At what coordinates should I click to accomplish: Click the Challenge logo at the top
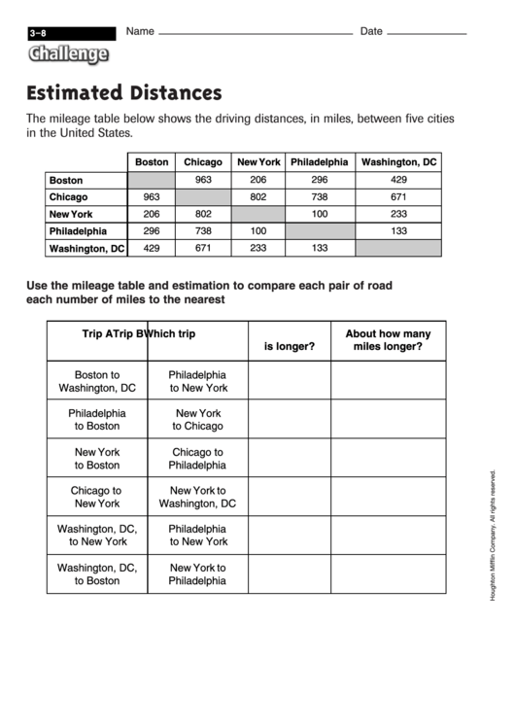pyautogui.click(x=67, y=55)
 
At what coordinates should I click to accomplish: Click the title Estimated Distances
pyautogui.click(x=124, y=93)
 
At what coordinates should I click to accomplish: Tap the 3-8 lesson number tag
pyautogui.click(x=39, y=33)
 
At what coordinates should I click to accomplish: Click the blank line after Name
pyautogui.click(x=255, y=34)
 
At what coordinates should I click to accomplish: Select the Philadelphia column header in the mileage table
pyautogui.click(x=319, y=162)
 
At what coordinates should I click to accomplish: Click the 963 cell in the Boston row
pyautogui.click(x=203, y=180)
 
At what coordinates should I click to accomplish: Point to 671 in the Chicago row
pyautogui.click(x=398, y=197)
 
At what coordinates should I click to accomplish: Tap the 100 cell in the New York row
pyautogui.click(x=319, y=214)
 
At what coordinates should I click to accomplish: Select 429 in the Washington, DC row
pyautogui.click(x=151, y=249)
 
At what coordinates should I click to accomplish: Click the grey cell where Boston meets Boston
pyautogui.click(x=151, y=180)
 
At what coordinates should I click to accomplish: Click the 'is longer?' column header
pyautogui.click(x=289, y=346)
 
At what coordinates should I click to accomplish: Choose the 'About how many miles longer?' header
pyautogui.click(x=388, y=339)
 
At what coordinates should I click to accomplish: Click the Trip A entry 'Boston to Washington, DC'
pyautogui.click(x=97, y=380)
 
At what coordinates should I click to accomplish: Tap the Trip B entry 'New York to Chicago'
pyautogui.click(x=198, y=419)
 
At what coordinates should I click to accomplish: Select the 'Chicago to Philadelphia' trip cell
pyautogui.click(x=198, y=458)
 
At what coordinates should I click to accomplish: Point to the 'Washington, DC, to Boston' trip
pyautogui.click(x=97, y=573)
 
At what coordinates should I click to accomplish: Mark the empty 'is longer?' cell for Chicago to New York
pyautogui.click(x=289, y=497)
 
